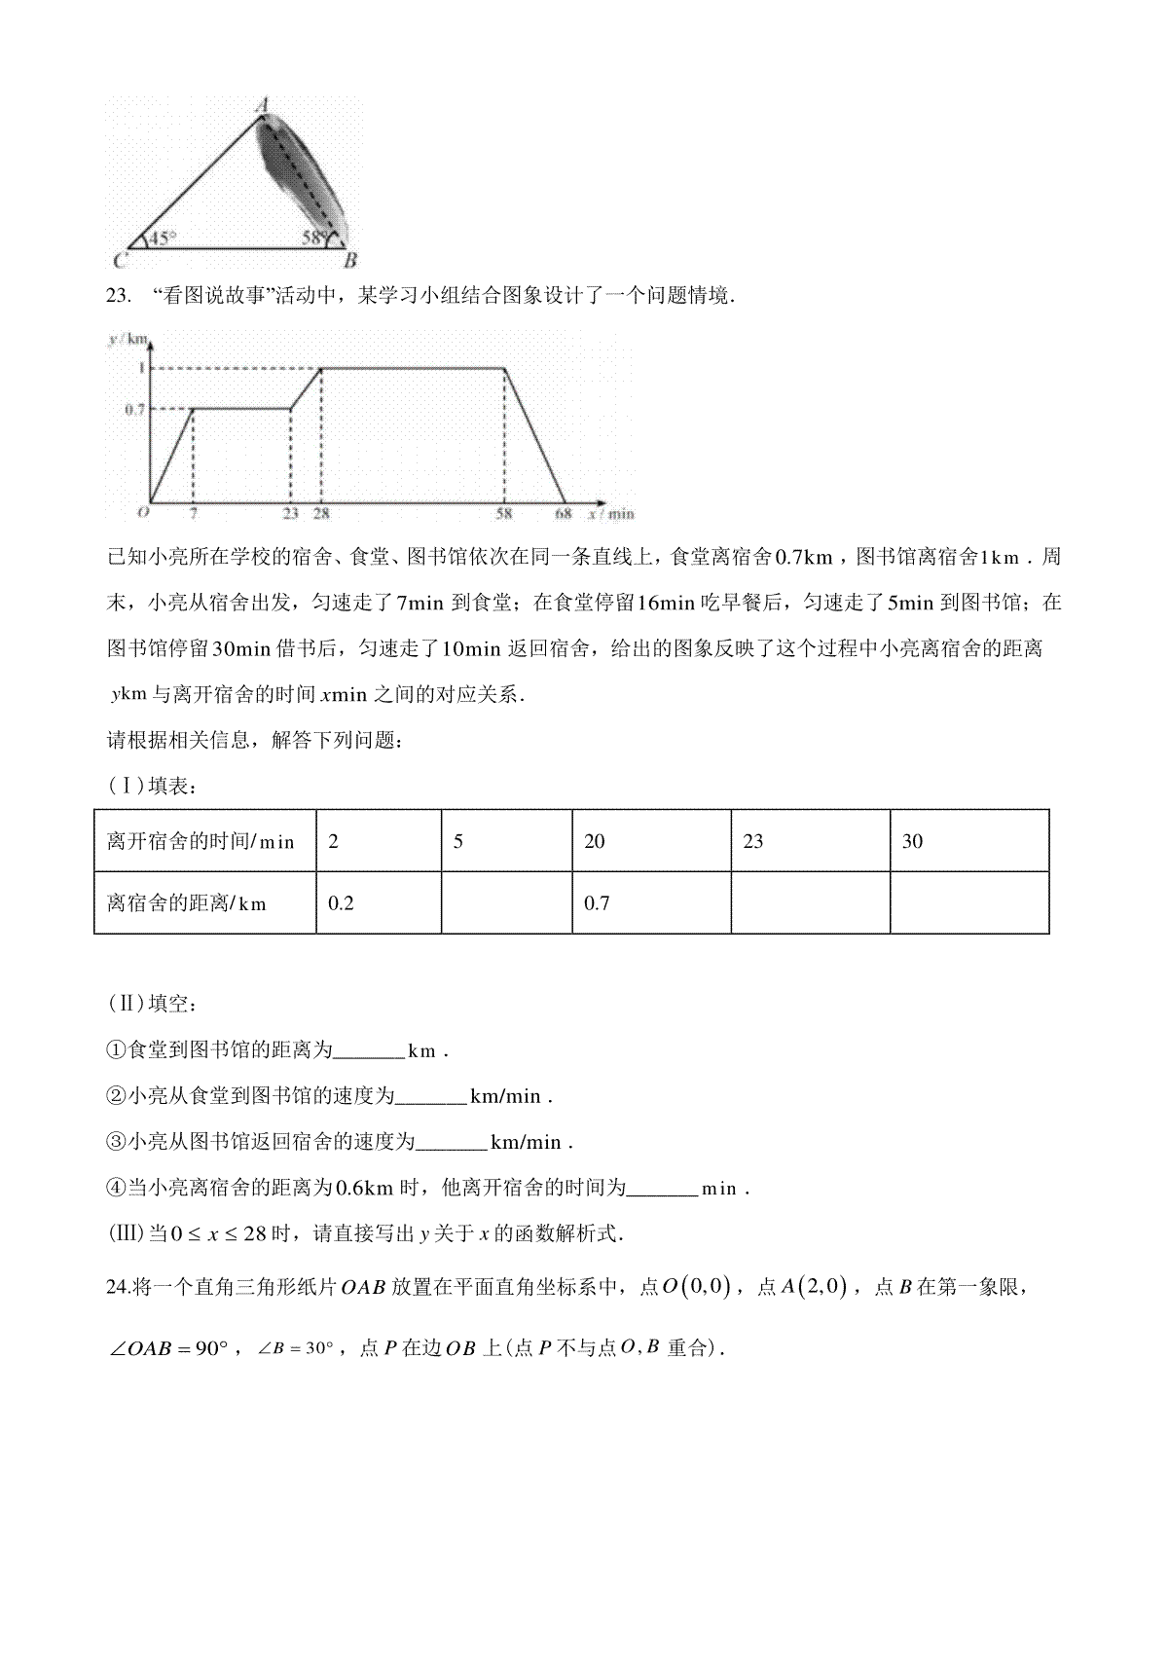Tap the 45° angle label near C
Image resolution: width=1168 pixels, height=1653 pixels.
(x=161, y=237)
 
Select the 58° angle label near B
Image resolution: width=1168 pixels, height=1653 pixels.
(x=313, y=237)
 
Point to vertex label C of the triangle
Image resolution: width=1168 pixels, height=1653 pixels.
(x=119, y=261)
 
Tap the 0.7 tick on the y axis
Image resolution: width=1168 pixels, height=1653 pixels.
(x=134, y=410)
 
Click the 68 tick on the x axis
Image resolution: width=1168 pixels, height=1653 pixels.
(x=564, y=513)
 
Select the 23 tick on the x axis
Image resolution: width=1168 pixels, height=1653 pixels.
(x=290, y=513)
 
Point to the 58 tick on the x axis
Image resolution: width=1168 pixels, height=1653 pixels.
(x=503, y=513)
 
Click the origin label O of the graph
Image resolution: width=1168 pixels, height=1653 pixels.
(x=143, y=511)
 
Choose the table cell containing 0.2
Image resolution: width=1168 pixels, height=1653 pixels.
(x=378, y=903)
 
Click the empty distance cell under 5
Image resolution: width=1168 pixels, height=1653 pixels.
(x=506, y=903)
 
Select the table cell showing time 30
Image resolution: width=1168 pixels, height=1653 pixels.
(x=968, y=841)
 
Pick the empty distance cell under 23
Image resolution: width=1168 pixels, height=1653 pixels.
(x=810, y=903)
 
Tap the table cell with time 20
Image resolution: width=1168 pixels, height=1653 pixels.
(x=651, y=841)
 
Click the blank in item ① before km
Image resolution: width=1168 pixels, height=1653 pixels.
(x=369, y=1052)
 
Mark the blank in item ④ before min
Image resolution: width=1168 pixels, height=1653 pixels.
(x=663, y=1190)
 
